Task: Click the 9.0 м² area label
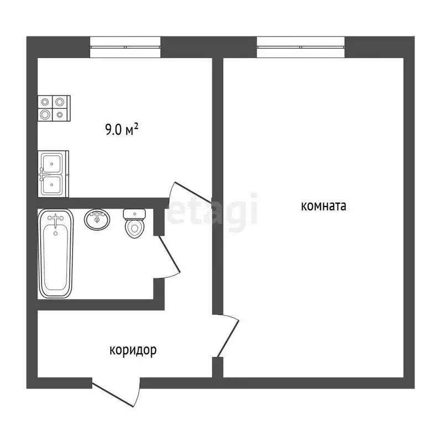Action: coord(121,130)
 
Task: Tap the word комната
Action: coord(323,206)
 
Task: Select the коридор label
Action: coord(133,350)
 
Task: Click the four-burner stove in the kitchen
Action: coord(54,108)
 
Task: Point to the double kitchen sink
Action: coord(53,173)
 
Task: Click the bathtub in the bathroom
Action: coord(55,254)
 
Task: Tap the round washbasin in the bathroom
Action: coord(97,219)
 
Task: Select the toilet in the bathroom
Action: coord(134,224)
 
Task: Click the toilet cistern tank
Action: coord(134,214)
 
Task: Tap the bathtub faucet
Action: coord(56,221)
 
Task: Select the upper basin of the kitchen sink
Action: coord(53,164)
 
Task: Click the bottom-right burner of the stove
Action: coord(60,115)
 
